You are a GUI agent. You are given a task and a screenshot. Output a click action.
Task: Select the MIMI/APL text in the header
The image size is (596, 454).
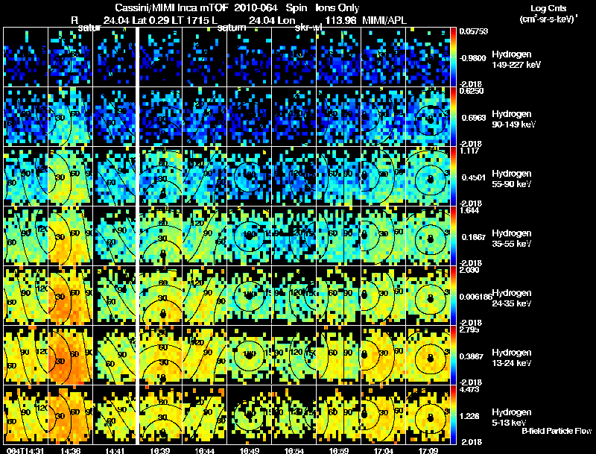[386, 20]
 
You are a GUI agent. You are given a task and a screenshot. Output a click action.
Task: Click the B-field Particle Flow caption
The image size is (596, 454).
[557, 432]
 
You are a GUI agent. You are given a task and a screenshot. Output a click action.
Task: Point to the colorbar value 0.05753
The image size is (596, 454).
[473, 33]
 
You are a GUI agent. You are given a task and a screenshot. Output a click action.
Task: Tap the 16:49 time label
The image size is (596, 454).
[250, 450]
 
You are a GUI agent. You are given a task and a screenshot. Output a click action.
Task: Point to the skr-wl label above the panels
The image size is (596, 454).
[308, 28]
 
